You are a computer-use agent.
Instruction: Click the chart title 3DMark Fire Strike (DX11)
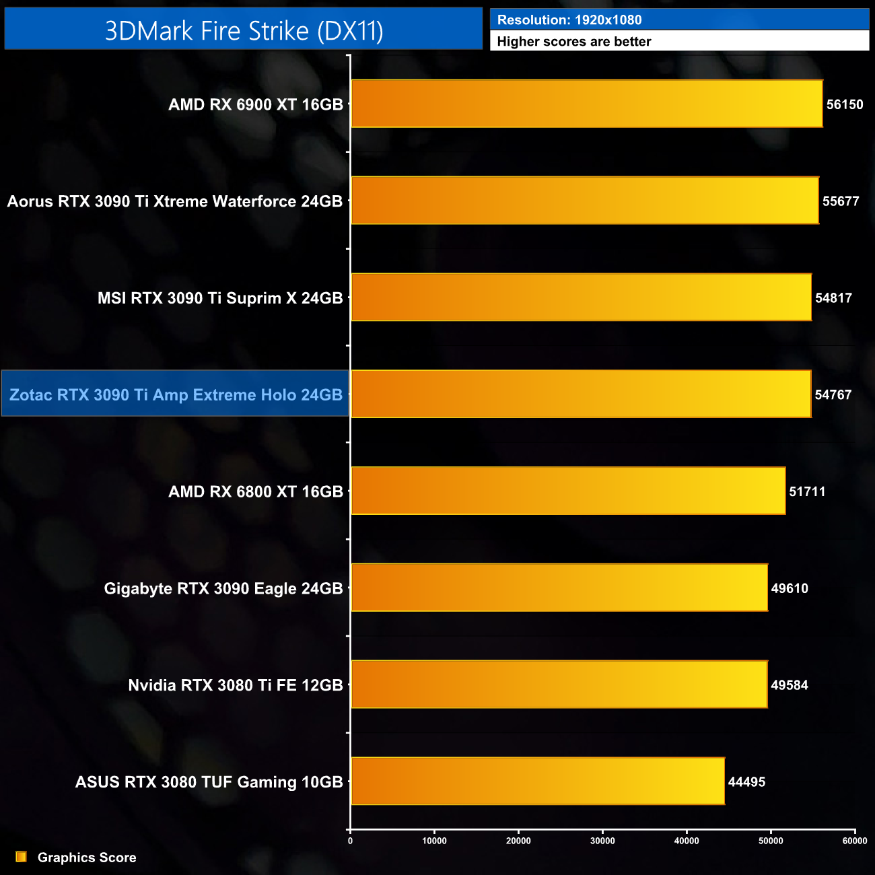pyautogui.click(x=244, y=30)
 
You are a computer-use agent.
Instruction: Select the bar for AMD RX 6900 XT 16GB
pyautogui.click(x=586, y=104)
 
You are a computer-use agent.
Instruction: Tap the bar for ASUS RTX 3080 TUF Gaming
pyautogui.click(x=537, y=781)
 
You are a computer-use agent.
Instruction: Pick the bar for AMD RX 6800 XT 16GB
pyautogui.click(x=567, y=491)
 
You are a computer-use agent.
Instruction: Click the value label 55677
pyautogui.click(x=840, y=201)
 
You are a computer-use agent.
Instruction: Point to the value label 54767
pyautogui.click(x=833, y=395)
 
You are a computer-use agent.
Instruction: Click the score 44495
pyautogui.click(x=746, y=782)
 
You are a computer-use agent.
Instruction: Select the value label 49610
pyautogui.click(x=789, y=588)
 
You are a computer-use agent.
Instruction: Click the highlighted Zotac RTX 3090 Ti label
pyautogui.click(x=176, y=394)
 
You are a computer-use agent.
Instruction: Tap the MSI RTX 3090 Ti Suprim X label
pyautogui.click(x=220, y=298)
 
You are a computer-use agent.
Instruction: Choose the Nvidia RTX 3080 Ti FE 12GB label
pyautogui.click(x=236, y=685)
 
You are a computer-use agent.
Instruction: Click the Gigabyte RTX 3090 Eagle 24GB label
pyautogui.click(x=223, y=588)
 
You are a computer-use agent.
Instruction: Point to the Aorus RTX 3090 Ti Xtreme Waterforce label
pyautogui.click(x=175, y=201)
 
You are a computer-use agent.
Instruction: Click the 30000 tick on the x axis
pyautogui.click(x=602, y=841)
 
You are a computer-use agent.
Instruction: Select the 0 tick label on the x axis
pyautogui.click(x=350, y=841)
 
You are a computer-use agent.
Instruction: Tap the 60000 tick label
pyautogui.click(x=855, y=841)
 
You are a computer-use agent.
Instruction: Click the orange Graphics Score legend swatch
pyautogui.click(x=21, y=857)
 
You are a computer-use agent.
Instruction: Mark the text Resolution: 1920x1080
pyautogui.click(x=569, y=20)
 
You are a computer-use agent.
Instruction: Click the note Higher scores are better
pyautogui.click(x=574, y=42)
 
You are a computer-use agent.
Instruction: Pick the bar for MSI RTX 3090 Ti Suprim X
pyautogui.click(x=581, y=297)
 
